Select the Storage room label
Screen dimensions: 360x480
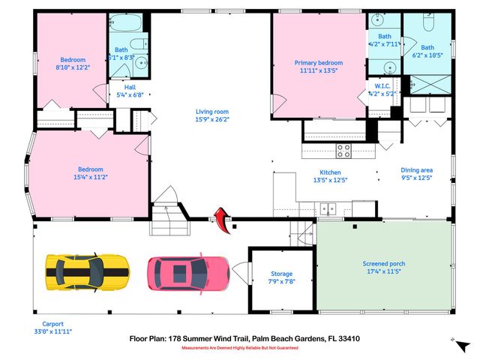pyautogui.click(x=282, y=274)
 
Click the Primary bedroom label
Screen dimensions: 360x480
pyautogui.click(x=319, y=63)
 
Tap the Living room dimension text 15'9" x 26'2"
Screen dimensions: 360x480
pyautogui.click(x=211, y=119)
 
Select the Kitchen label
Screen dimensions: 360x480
pyautogui.click(x=331, y=172)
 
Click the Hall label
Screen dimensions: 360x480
pyautogui.click(x=121, y=87)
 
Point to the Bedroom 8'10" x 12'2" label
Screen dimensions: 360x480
pyautogui.click(x=73, y=60)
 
